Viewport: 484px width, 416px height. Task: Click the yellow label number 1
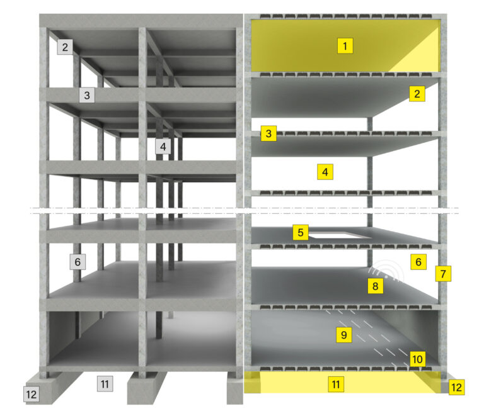pyautogui.click(x=345, y=45)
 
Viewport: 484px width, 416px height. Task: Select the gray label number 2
pyautogui.click(x=66, y=46)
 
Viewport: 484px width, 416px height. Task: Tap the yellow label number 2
pyautogui.click(x=415, y=94)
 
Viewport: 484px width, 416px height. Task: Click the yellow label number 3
pyautogui.click(x=269, y=133)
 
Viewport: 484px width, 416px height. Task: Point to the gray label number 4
pyautogui.click(x=163, y=147)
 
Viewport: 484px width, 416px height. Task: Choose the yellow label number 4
pyautogui.click(x=325, y=171)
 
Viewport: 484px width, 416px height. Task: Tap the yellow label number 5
pyautogui.click(x=301, y=232)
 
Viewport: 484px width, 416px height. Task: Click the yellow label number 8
pyautogui.click(x=375, y=286)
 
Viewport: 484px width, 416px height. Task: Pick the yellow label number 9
pyautogui.click(x=343, y=335)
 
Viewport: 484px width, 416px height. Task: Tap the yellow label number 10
pyautogui.click(x=417, y=359)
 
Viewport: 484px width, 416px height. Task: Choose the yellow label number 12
pyautogui.click(x=456, y=386)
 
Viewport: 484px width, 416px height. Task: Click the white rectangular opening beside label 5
pyautogui.click(x=334, y=234)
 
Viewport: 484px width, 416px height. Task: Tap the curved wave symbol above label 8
pyautogui.click(x=388, y=271)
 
